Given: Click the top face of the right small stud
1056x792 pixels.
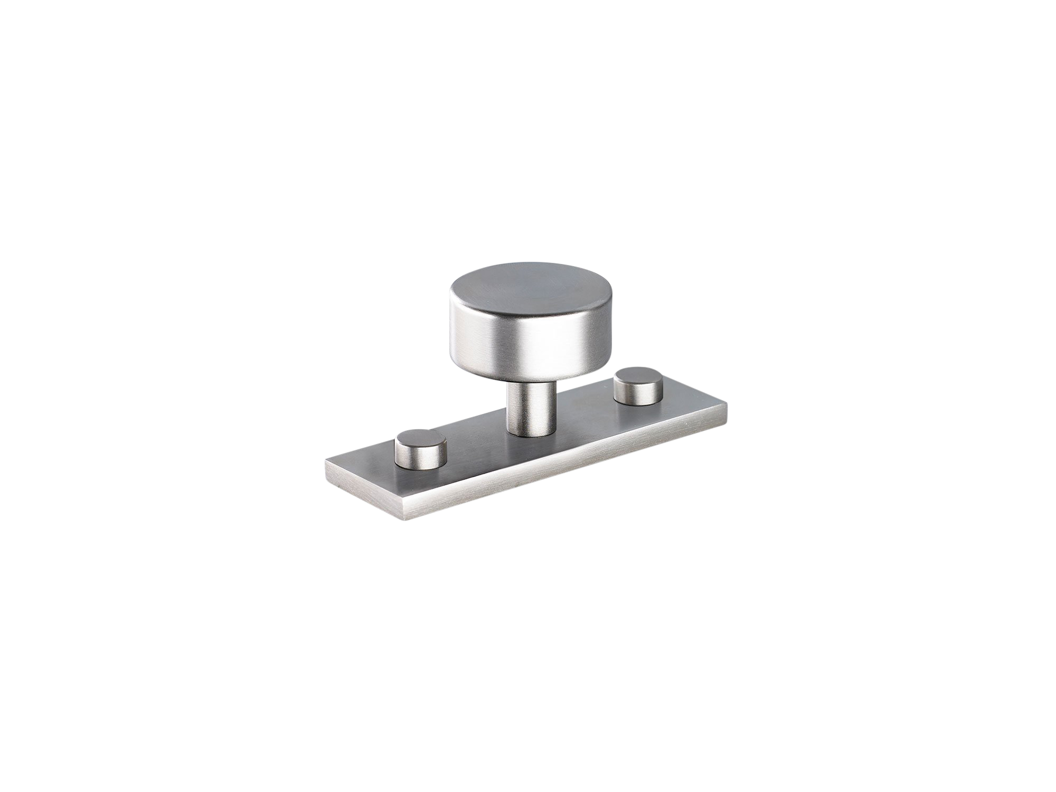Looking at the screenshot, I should (x=639, y=376).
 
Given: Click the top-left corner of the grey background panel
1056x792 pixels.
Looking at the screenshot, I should (x=325, y=262).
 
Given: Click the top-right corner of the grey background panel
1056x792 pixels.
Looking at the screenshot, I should (x=727, y=262).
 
